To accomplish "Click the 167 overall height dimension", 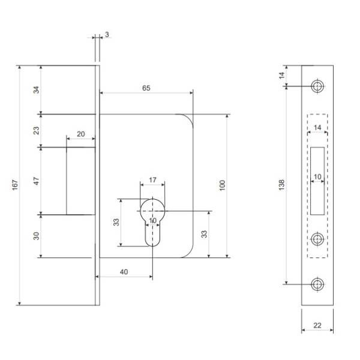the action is click(15, 185).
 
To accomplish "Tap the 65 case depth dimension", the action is click(146, 88).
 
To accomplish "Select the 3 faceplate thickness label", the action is click(107, 35).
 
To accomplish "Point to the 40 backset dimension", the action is click(124, 272).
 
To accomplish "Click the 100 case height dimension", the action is click(222, 185).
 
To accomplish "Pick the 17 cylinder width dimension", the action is click(152, 180).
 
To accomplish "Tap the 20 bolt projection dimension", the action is click(80, 134).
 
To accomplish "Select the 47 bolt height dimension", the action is click(36, 181).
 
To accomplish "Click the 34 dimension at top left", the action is click(36, 90).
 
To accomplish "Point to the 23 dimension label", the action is click(36, 130).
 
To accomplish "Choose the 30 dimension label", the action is click(36, 236).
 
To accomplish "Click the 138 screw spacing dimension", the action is click(281, 185).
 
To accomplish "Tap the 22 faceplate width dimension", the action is click(317, 325).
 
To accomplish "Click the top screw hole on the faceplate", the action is click(317, 86).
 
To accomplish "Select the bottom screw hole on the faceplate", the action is click(317, 284).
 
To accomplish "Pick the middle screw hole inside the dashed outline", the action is click(317, 239).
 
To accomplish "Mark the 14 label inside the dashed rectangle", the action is click(317, 127).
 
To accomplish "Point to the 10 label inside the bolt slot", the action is click(317, 177).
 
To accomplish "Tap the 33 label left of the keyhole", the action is click(116, 222).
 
